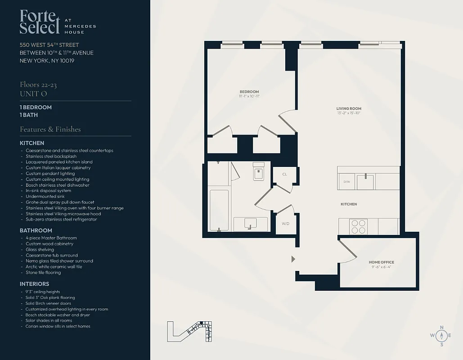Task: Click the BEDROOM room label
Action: pyautogui.click(x=249, y=92)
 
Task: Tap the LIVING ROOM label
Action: pyautogui.click(x=349, y=108)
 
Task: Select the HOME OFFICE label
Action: pyautogui.click(x=381, y=262)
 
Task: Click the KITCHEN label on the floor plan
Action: pyautogui.click(x=349, y=204)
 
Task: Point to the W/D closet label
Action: pyautogui.click(x=285, y=223)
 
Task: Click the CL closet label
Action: pyautogui.click(x=284, y=174)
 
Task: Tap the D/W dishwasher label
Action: pyautogui.click(x=346, y=182)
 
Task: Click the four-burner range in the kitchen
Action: pyautogui.click(x=358, y=226)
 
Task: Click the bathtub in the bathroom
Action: pyautogui.click(x=219, y=210)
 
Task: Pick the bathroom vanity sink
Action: pyautogui.click(x=250, y=223)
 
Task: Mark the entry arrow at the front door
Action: pyautogui.click(x=293, y=259)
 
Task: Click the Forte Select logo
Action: pyautogui.click(x=40, y=22)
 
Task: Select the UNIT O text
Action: pyautogui.click(x=33, y=94)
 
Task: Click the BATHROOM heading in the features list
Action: pyautogui.click(x=36, y=230)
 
